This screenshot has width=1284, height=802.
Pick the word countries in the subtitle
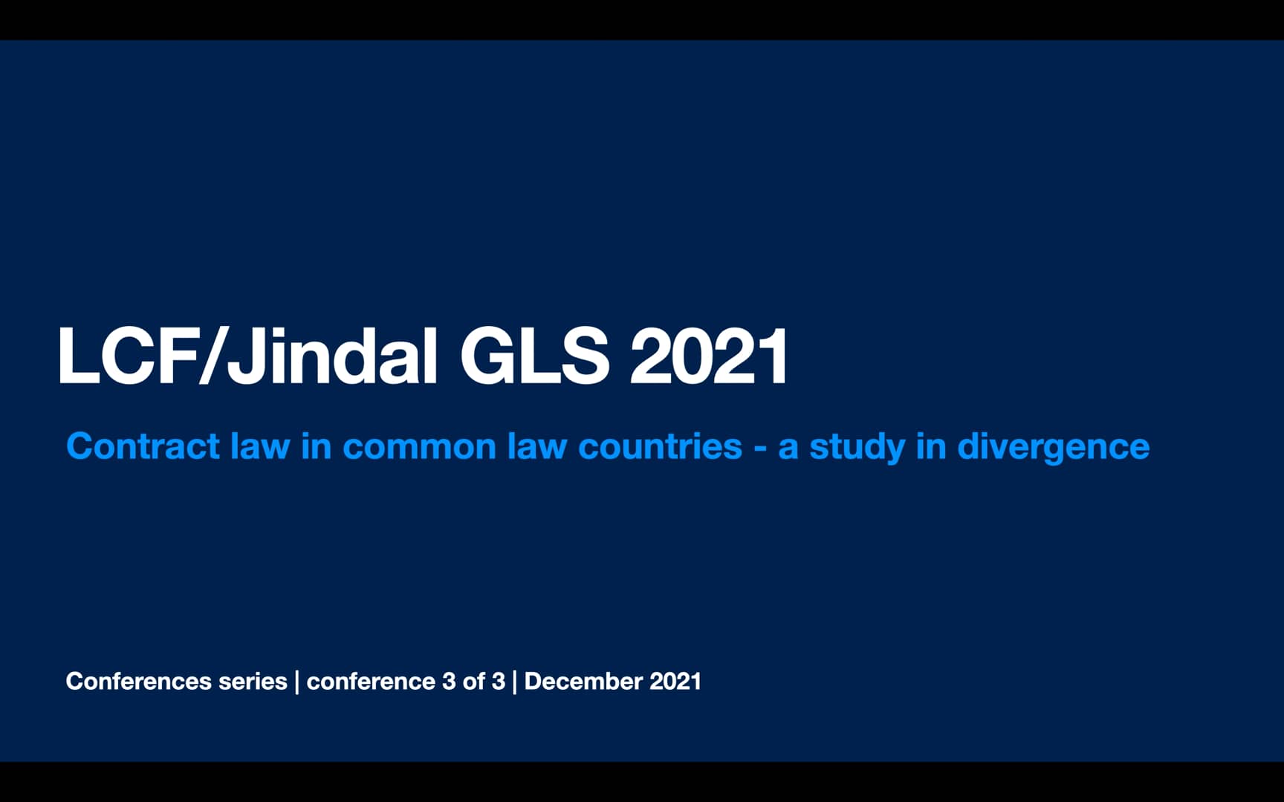(660, 446)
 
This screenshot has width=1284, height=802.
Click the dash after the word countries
(759, 449)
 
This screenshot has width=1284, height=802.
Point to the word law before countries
(537, 446)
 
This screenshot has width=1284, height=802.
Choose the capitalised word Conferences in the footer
(139, 681)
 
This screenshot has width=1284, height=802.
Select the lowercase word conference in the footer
(371, 682)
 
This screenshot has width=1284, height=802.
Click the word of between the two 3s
(473, 681)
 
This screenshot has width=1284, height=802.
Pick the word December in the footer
(583, 681)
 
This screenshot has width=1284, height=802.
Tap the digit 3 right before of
(449, 681)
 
